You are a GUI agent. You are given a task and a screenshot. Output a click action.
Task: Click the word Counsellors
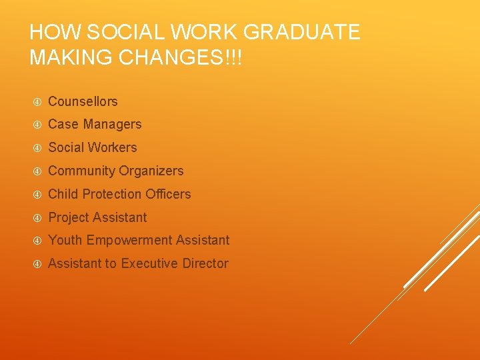[x=83, y=101]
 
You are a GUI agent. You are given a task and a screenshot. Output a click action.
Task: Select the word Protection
[x=107, y=194]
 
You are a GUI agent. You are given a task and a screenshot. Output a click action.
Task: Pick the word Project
[x=70, y=217]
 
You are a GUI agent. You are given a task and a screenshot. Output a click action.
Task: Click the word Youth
[x=64, y=240]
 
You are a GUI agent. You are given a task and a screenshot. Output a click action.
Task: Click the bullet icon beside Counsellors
[x=37, y=102]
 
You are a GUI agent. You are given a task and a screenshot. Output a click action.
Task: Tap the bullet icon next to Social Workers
[x=37, y=148]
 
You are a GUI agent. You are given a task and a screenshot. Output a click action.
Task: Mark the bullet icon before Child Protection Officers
[x=37, y=195]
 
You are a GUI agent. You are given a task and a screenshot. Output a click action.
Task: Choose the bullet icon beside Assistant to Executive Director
[x=37, y=264]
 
